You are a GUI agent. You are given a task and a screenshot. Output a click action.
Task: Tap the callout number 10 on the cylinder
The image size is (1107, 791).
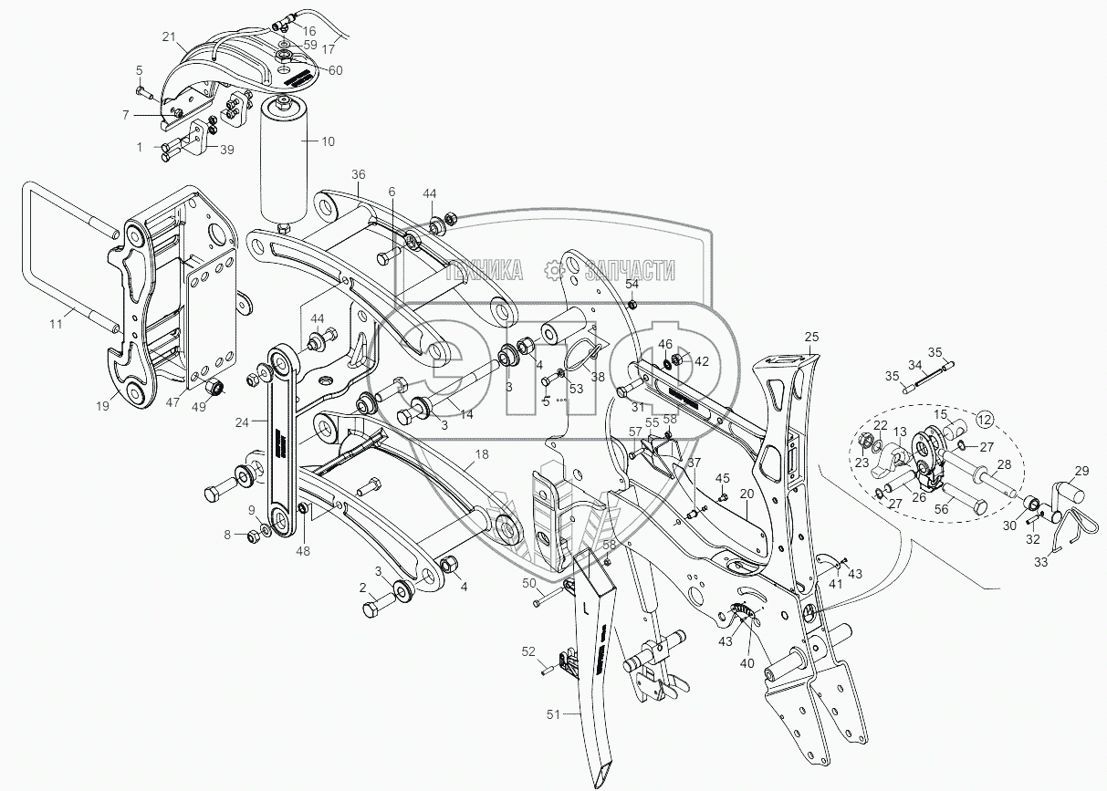click(x=329, y=141)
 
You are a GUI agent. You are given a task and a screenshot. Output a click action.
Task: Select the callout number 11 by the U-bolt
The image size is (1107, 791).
click(x=57, y=324)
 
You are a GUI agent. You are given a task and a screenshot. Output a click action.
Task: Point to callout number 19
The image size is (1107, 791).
click(x=102, y=406)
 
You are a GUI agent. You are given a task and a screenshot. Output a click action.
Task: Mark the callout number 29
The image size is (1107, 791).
click(x=1081, y=471)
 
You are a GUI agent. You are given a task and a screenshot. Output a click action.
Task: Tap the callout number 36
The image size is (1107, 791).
click(x=358, y=174)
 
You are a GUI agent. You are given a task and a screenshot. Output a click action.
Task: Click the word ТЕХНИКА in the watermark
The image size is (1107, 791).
click(x=484, y=269)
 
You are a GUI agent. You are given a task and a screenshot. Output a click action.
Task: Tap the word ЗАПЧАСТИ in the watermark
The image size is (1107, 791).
click(x=630, y=269)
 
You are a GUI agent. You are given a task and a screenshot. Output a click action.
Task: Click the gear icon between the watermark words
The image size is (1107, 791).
click(x=551, y=269)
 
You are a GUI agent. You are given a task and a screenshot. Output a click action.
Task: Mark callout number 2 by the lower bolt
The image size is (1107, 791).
click(x=362, y=587)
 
